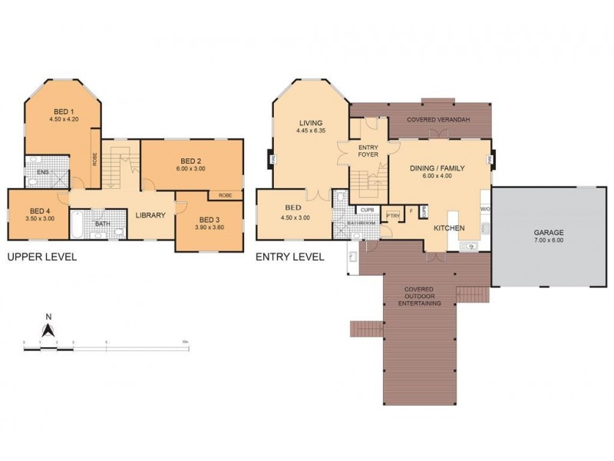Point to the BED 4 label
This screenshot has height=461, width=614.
click(41, 211)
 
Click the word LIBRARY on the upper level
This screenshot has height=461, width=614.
click(150, 215)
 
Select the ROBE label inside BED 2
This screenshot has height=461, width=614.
click(226, 195)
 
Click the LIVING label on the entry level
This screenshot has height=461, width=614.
click(311, 123)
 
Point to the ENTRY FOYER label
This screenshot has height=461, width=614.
click(369, 151)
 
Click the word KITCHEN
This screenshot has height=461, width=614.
click(449, 229)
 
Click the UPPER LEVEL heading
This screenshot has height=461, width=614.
click(41, 257)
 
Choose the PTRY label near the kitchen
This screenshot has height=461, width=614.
click(393, 216)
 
